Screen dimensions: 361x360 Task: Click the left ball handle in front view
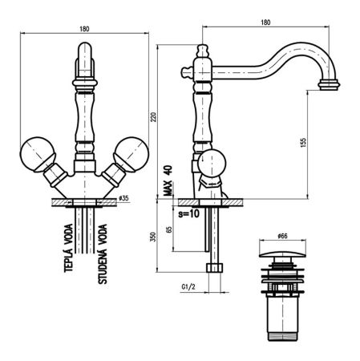tap(39, 152)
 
